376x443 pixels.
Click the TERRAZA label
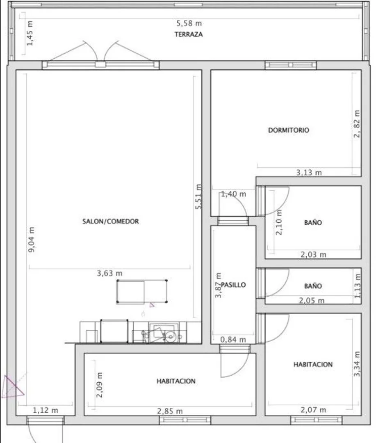[189, 34]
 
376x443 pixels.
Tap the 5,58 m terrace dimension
[189, 23]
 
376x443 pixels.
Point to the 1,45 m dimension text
[30, 33]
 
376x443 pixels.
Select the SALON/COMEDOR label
[110, 221]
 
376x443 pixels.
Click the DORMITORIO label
[288, 130]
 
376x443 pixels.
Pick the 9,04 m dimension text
[31, 240]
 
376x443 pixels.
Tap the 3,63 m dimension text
[109, 273]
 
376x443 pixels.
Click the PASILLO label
[233, 285]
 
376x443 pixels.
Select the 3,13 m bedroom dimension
[309, 172]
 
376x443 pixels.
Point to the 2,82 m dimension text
[357, 124]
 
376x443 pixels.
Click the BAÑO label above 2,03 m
[313, 223]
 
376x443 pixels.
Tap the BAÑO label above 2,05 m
[313, 286]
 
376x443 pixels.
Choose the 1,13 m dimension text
[358, 285]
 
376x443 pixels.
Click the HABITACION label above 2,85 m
[176, 381]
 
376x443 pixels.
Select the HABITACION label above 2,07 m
[313, 365]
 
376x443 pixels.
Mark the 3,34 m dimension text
[357, 364]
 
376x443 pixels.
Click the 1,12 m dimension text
[46, 410]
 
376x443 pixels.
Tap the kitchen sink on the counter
[164, 332]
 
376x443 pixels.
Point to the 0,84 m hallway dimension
[233, 340]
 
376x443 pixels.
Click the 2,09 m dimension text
[100, 385]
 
